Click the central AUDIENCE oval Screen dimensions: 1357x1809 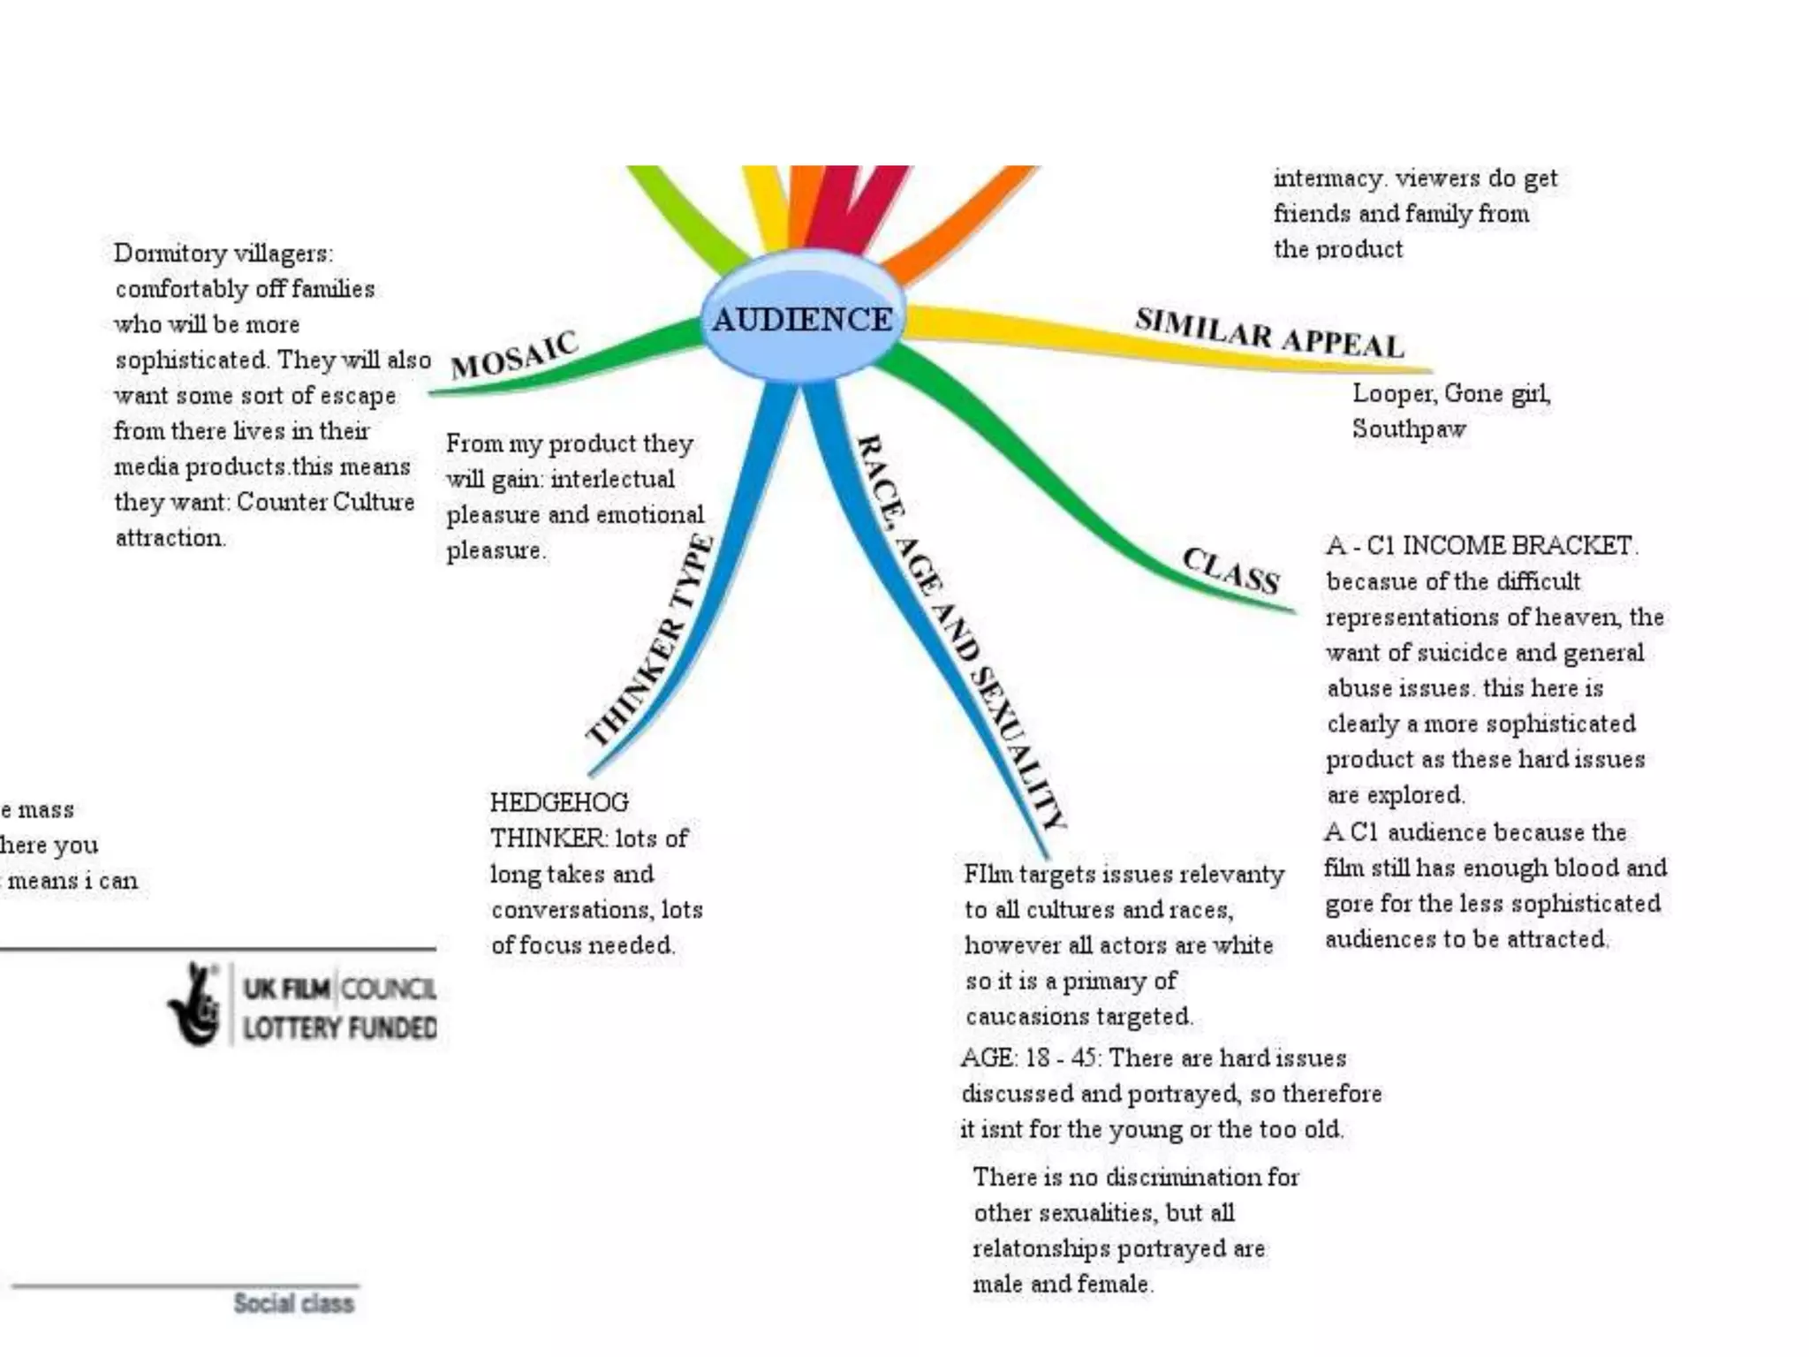[x=802, y=319]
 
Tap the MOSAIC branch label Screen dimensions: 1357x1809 [x=514, y=355]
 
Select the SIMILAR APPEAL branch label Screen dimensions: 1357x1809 [x=1269, y=334]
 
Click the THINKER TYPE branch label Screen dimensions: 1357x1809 [x=651, y=641]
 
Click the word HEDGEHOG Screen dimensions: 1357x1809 [x=559, y=802]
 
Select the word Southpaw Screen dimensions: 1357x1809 [x=1408, y=429]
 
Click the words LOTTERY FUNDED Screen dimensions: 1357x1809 [x=339, y=1028]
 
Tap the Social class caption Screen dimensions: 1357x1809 [x=293, y=1303]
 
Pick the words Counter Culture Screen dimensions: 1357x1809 [x=325, y=502]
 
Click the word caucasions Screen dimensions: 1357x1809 [x=1025, y=1017]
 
